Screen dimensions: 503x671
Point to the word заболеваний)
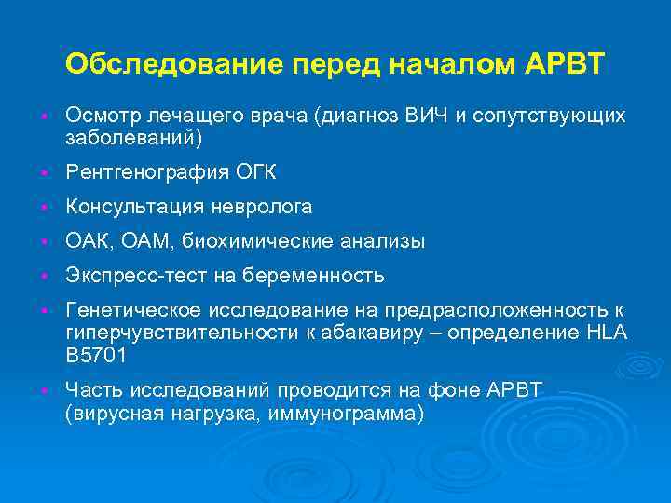[x=133, y=137]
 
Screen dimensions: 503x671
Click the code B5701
[x=96, y=355]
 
